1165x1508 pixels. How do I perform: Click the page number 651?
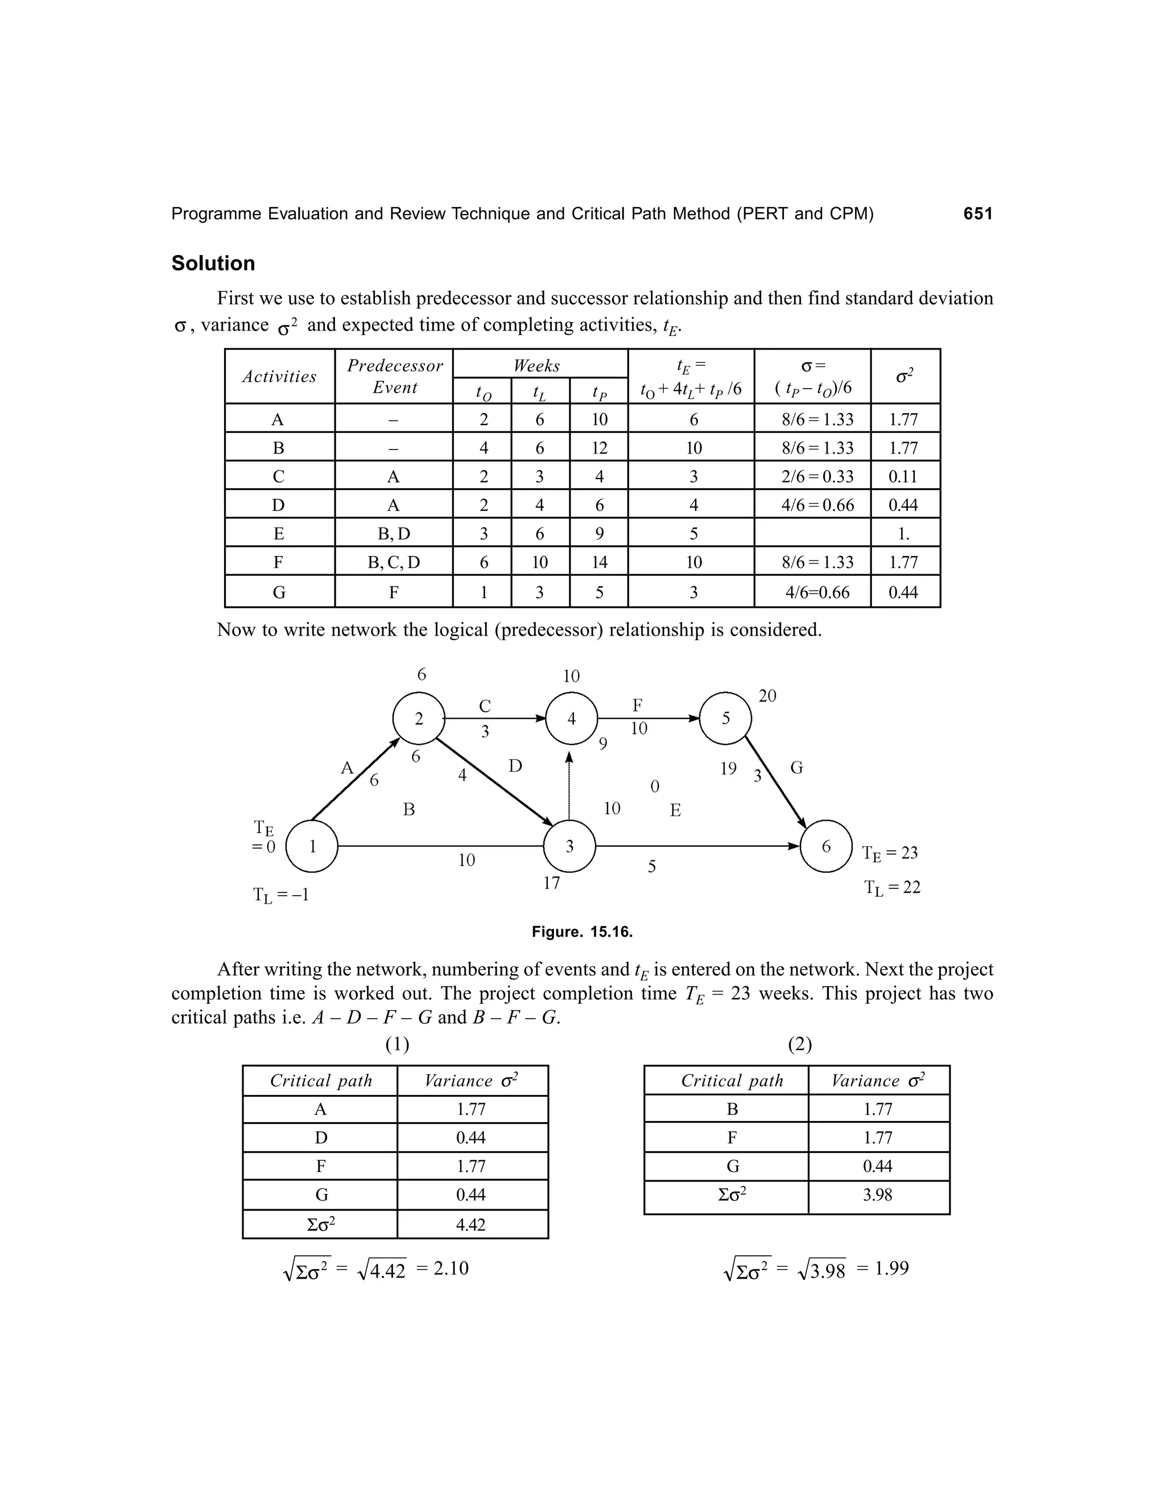click(x=977, y=214)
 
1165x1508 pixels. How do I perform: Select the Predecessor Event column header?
click(x=394, y=376)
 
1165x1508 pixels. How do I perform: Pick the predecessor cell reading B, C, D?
click(x=394, y=562)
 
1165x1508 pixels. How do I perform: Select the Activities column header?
click(x=279, y=376)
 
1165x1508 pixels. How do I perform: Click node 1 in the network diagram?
click(x=312, y=846)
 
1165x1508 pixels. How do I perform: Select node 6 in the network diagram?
click(x=826, y=846)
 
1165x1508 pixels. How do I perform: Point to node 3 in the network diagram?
click(x=569, y=846)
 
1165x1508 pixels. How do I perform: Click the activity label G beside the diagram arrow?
click(x=796, y=768)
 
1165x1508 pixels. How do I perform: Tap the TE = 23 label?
click(x=890, y=854)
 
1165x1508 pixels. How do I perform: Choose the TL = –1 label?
click(x=280, y=896)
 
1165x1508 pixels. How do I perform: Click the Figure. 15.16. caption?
click(x=582, y=932)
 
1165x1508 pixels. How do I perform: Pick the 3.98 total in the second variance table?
click(x=877, y=1194)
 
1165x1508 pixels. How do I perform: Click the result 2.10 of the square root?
click(x=451, y=1268)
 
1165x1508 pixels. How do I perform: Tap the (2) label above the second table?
click(x=799, y=1044)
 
